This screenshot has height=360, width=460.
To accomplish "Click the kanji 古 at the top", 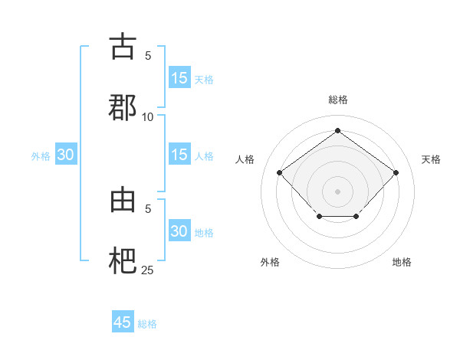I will (x=123, y=47).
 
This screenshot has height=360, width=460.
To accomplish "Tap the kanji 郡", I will (x=123, y=107).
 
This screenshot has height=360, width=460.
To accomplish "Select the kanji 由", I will (x=123, y=200).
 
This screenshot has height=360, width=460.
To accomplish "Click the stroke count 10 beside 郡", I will (x=148, y=116).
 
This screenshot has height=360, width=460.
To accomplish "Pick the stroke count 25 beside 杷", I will (x=148, y=270).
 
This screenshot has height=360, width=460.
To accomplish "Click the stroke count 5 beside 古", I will (x=148, y=56).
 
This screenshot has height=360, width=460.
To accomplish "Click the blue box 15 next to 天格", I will (x=179, y=78).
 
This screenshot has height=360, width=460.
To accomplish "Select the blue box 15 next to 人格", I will (x=179, y=155).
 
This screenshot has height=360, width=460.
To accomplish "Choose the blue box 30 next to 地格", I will (x=179, y=231).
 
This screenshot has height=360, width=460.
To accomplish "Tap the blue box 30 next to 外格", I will (x=65, y=155).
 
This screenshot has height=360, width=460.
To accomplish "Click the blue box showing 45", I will (x=123, y=322).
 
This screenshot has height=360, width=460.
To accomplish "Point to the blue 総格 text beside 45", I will (x=147, y=324).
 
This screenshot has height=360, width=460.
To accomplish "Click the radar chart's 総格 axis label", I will (x=337, y=100).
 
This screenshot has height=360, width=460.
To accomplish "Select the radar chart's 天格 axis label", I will (x=431, y=159).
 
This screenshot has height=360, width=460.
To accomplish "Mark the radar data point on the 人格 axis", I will (x=280, y=172).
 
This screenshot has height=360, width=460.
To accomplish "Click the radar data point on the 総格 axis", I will (x=337, y=130).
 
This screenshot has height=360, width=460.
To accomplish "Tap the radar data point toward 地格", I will (x=356, y=218).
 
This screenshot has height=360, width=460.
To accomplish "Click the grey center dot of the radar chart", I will (x=337, y=191).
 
